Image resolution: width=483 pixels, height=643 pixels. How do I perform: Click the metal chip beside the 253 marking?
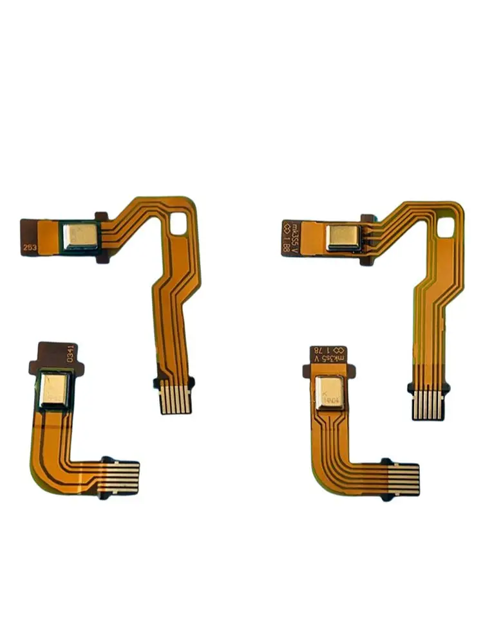[x=81, y=236]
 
